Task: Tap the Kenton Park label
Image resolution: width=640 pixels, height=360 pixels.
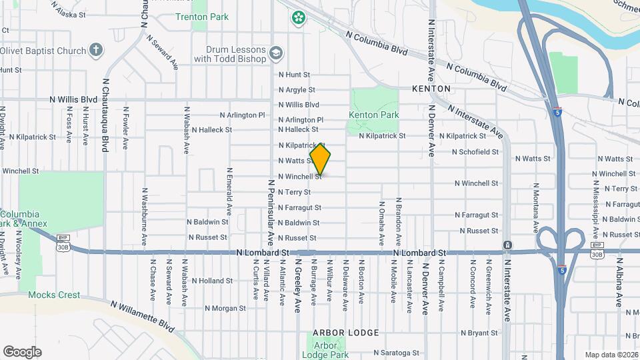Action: (373, 115)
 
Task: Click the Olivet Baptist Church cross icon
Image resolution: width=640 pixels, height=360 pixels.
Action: (96, 50)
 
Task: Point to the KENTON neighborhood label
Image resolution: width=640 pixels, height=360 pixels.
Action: (431, 88)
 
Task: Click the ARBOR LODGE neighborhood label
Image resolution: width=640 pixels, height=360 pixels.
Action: (345, 332)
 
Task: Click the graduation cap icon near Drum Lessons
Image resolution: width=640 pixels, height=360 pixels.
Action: (275, 52)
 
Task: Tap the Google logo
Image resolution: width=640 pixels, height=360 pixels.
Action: (22, 351)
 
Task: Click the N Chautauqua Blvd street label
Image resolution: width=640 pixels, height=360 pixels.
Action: (105, 115)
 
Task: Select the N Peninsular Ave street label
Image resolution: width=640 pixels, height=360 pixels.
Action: (271, 210)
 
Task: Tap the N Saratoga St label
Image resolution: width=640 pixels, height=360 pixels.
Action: (396, 353)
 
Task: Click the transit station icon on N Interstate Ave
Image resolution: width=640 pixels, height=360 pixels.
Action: (508, 245)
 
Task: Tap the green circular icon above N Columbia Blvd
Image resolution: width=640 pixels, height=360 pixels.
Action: (297, 16)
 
